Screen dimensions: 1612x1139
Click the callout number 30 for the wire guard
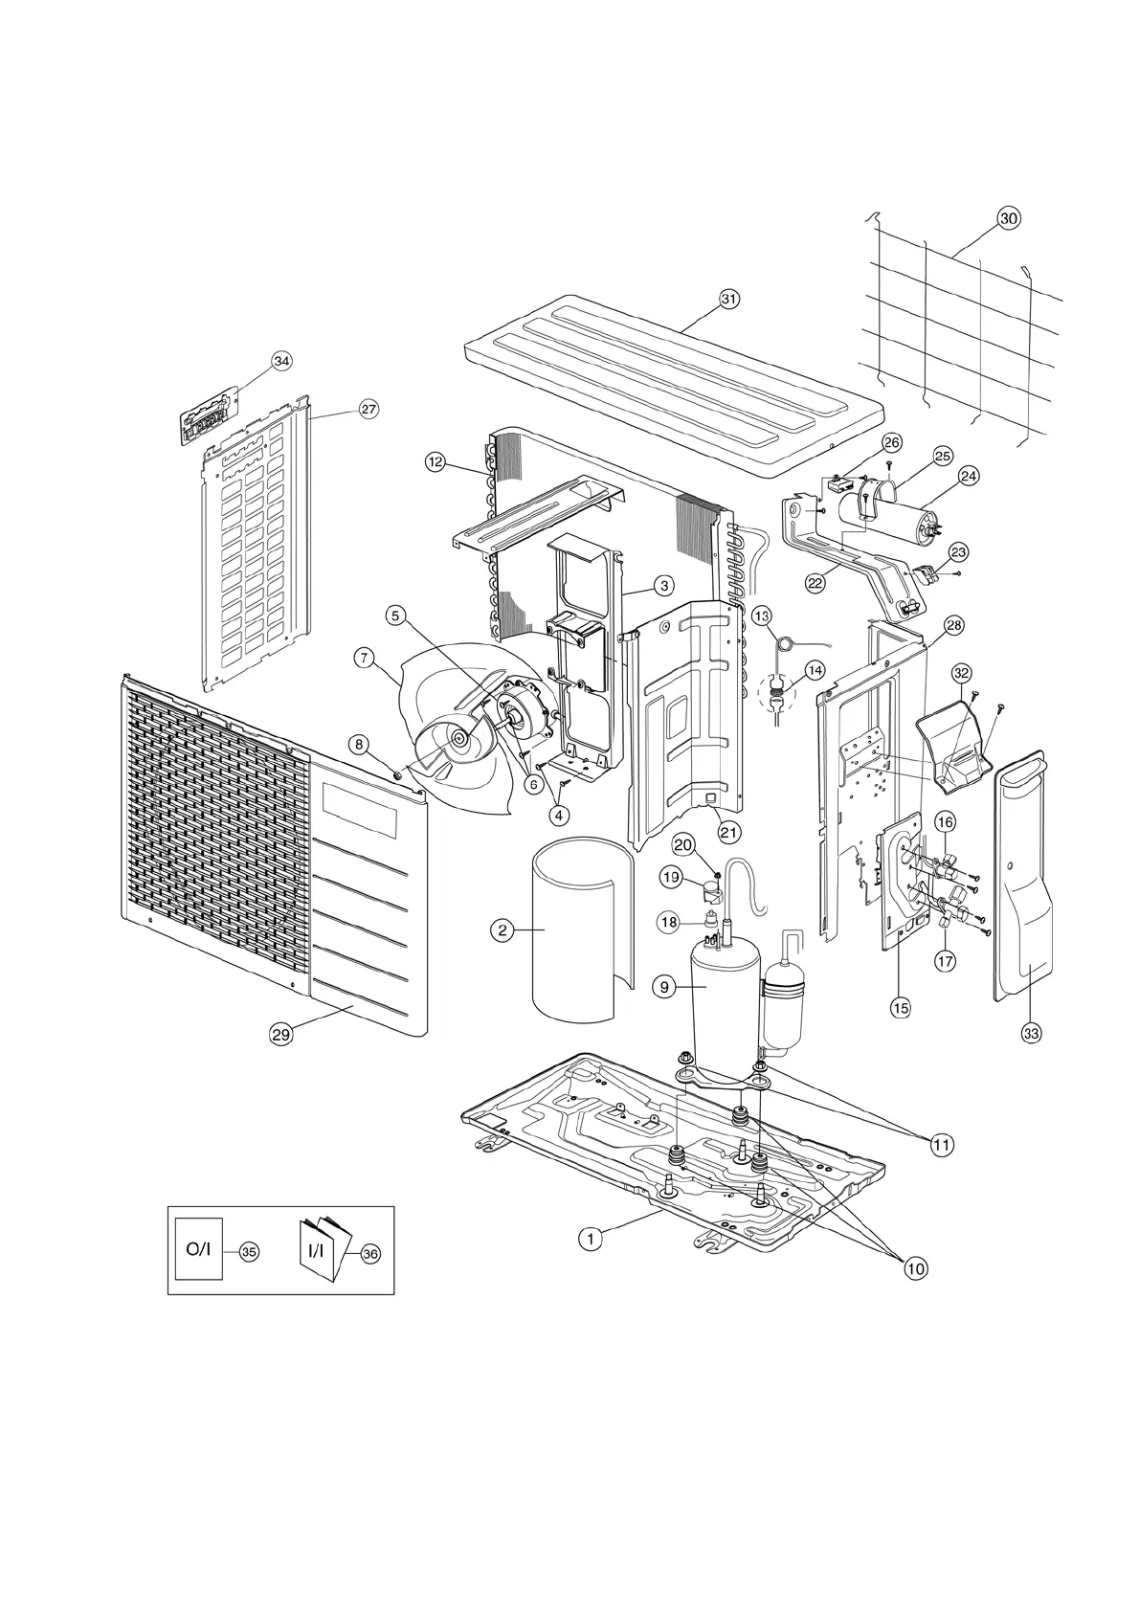pos(1008,218)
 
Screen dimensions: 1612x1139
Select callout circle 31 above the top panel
pos(729,299)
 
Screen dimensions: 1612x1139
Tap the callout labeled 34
pos(281,361)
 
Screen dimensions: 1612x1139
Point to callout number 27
pos(368,409)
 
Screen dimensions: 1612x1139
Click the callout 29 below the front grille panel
pos(280,1033)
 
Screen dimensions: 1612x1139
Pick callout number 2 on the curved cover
pos(501,929)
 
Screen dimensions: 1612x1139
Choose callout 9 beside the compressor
pos(664,987)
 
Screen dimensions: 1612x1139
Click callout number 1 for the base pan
pos(591,1238)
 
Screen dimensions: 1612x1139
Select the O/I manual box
pos(198,1250)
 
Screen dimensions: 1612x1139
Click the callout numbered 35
pos(249,1251)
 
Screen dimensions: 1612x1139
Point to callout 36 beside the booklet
pos(370,1251)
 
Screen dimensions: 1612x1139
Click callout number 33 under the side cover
pos(1031,1033)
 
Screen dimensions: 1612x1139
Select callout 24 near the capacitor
pos(969,476)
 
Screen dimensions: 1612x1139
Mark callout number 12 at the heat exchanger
pos(435,461)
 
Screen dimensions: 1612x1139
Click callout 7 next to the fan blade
pos(363,658)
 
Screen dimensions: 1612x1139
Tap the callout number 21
pos(729,832)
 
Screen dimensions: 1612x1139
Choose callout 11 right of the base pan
pos(943,1144)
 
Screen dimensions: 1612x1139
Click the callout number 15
pos(900,1007)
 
